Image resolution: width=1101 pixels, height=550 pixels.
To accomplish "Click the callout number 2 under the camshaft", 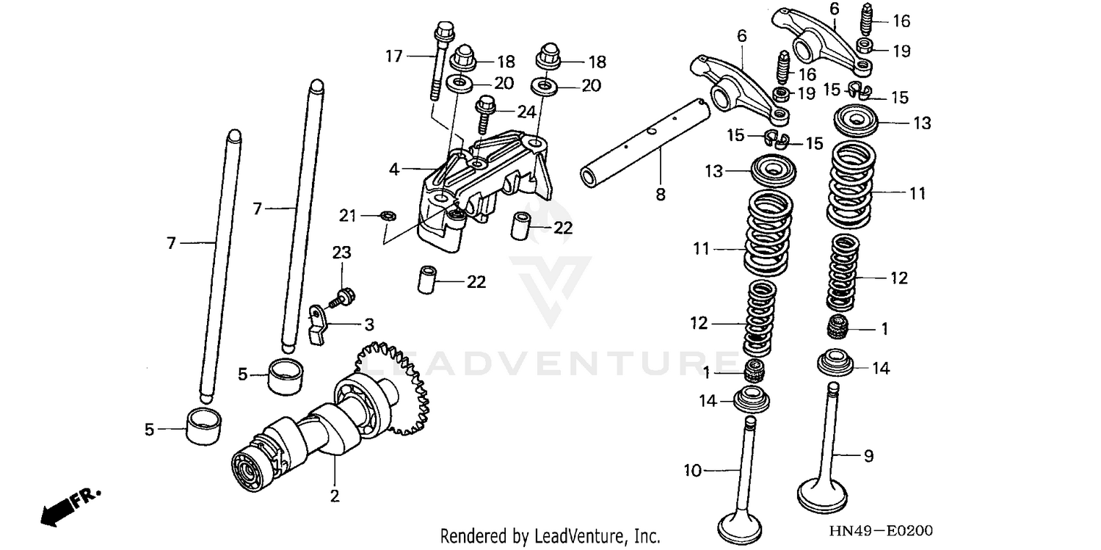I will point(335,496).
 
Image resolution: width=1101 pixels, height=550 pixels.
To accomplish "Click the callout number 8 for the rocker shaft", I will point(660,194).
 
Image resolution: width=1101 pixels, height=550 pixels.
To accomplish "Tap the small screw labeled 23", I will point(342,297).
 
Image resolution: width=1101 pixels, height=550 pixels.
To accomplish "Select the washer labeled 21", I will point(388,215).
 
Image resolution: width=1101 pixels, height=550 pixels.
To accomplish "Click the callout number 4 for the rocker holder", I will point(394,170).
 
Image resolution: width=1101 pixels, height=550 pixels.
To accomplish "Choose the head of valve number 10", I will point(739,524).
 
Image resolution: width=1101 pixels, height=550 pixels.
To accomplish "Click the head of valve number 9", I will point(821,495).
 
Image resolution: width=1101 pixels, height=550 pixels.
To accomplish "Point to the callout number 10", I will point(693,469).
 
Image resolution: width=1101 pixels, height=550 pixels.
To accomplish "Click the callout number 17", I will point(394,55).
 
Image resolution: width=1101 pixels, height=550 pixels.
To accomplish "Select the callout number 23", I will point(341,253).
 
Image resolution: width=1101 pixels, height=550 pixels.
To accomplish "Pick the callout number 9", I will point(868,456).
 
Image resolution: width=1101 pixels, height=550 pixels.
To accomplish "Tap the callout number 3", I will point(369,324).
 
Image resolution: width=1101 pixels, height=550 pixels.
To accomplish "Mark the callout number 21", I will point(347,215).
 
